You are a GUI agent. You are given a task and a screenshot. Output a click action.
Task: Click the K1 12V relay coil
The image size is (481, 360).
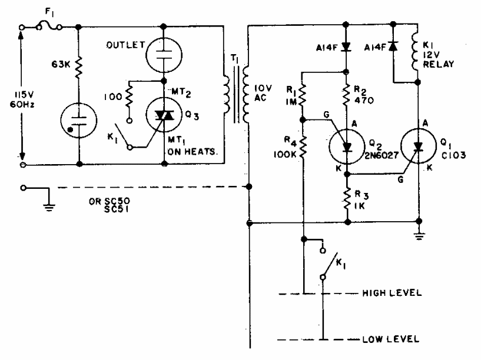(x=418, y=53)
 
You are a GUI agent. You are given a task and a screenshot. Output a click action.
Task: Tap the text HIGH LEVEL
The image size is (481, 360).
(x=390, y=293)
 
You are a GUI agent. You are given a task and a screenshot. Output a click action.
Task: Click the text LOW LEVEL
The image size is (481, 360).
(x=392, y=339)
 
